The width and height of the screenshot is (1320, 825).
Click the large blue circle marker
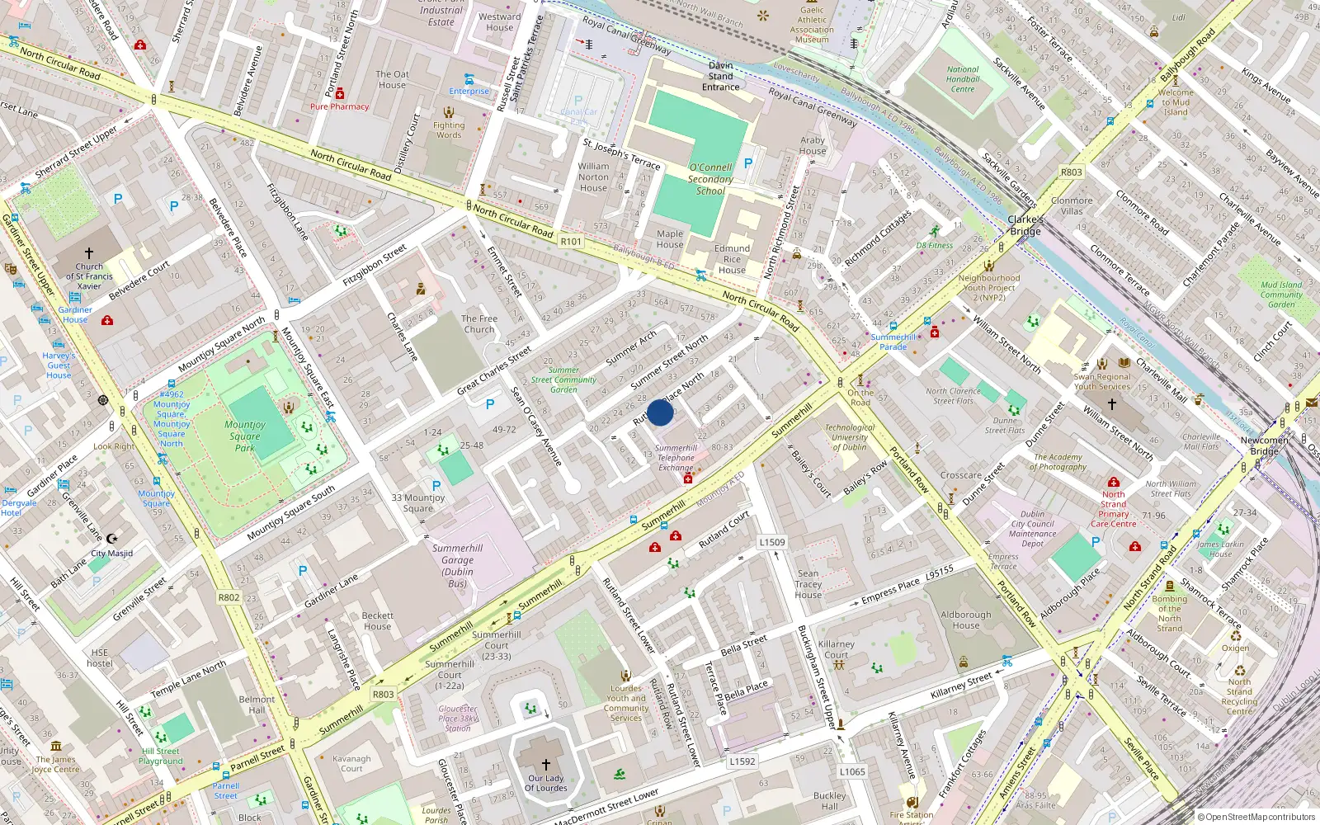click(x=660, y=412)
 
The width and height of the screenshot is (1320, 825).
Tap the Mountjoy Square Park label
click(x=245, y=436)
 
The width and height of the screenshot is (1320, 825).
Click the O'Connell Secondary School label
click(x=710, y=179)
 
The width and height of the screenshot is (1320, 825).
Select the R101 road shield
click(x=571, y=242)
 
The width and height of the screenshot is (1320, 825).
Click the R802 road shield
click(x=229, y=597)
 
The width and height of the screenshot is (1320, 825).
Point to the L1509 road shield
click(x=772, y=542)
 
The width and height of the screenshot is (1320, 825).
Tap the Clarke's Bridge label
click(x=1025, y=225)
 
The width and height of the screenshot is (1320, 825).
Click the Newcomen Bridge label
click(x=1264, y=445)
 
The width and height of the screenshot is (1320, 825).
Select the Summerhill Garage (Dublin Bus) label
click(x=458, y=566)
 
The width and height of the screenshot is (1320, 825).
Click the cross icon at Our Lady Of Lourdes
click(x=545, y=765)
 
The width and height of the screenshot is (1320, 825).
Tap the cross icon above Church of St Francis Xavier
click(x=89, y=253)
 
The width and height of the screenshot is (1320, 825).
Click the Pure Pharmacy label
click(x=339, y=106)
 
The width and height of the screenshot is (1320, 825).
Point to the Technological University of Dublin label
click(x=850, y=437)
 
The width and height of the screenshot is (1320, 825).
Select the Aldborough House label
click(x=966, y=620)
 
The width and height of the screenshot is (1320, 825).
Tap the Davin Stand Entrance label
click(x=720, y=76)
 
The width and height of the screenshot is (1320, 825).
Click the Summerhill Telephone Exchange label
click(x=676, y=458)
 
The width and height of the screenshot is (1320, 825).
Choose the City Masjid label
click(x=111, y=554)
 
